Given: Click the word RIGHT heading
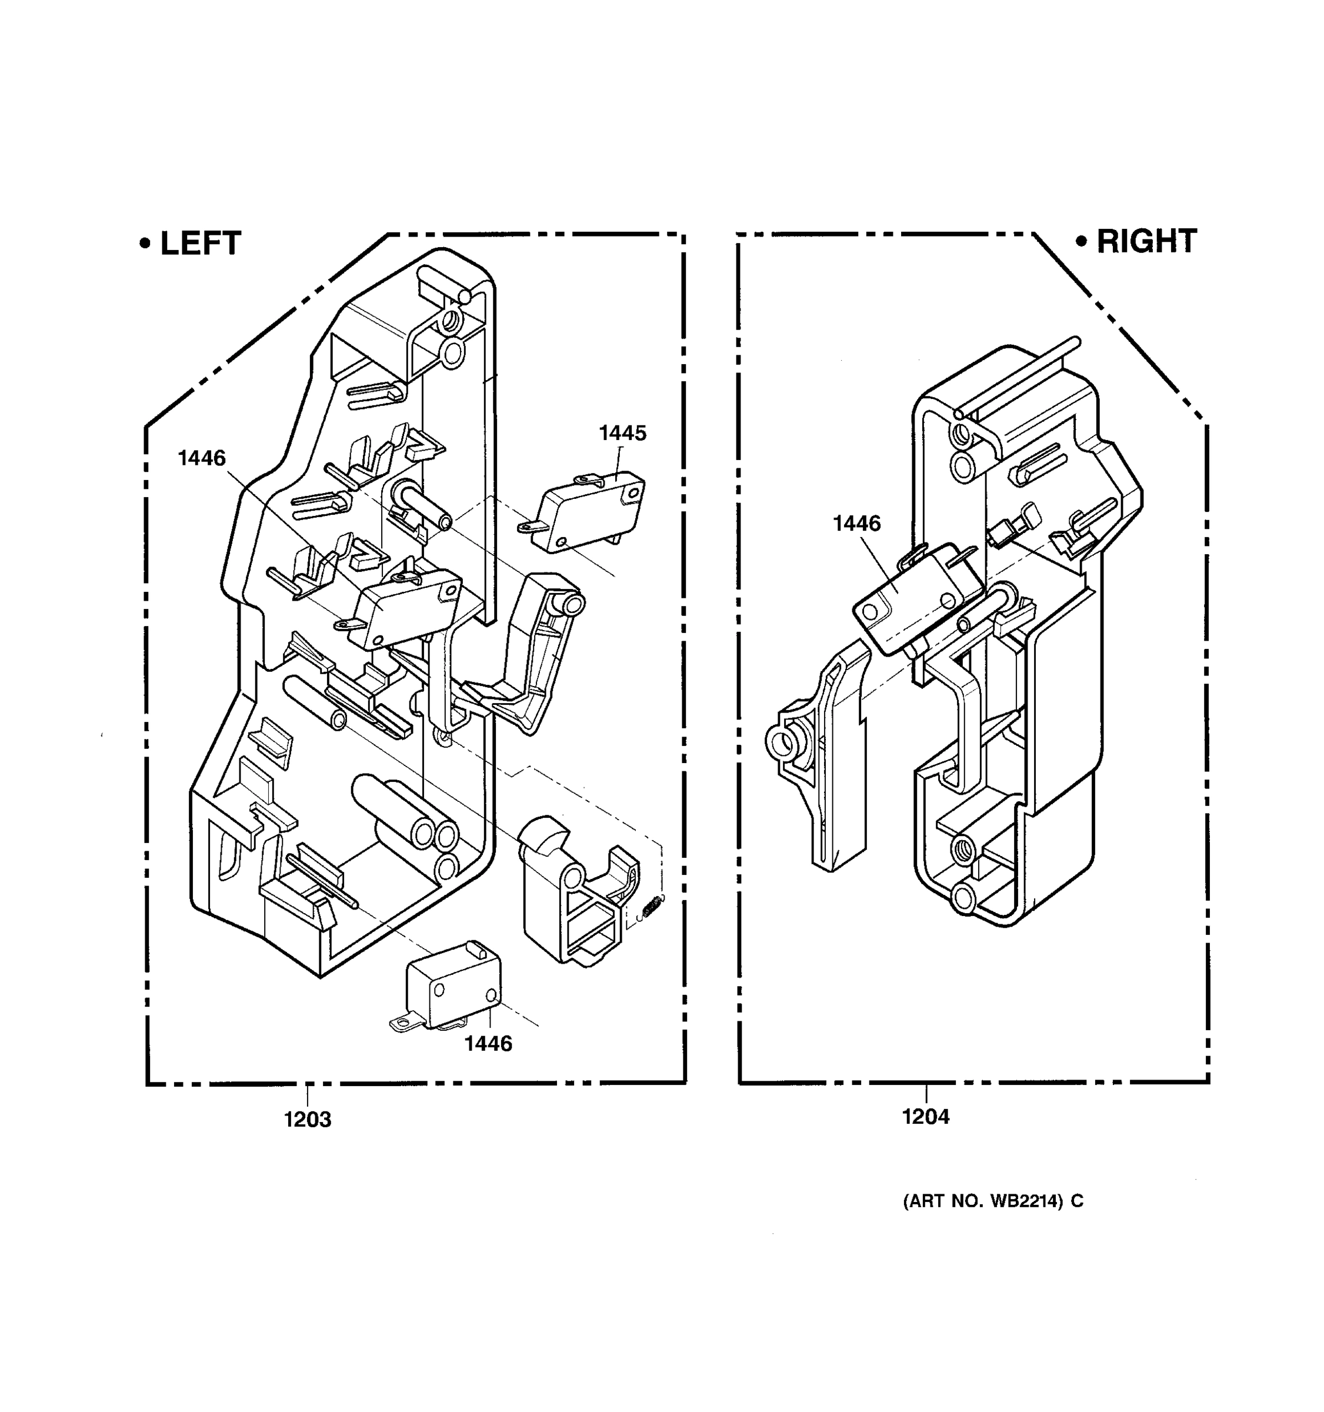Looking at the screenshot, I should pyautogui.click(x=1146, y=241).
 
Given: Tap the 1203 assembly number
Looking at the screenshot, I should pyautogui.click(x=308, y=1120).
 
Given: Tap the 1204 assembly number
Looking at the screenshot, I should pyautogui.click(x=925, y=1117).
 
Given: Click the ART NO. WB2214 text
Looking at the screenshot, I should pyautogui.click(x=992, y=1201).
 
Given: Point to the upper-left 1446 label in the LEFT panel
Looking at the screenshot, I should pyautogui.click(x=202, y=458).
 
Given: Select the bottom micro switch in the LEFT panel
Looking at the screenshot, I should pyautogui.click(x=452, y=987).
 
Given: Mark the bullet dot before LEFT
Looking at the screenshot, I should pyautogui.click(x=145, y=244).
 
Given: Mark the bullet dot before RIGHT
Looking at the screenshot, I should pyautogui.click(x=1081, y=241).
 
